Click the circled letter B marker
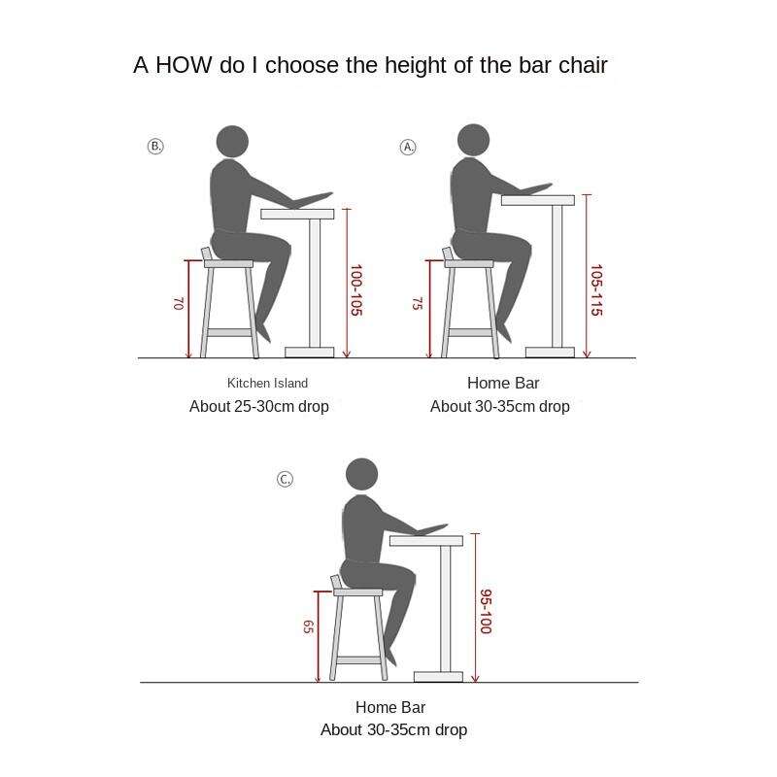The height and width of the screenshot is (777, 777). coord(155,147)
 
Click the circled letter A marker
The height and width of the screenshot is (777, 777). coord(408,147)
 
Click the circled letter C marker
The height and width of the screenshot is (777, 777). coord(285,479)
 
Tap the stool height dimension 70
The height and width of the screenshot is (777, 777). coord(179,304)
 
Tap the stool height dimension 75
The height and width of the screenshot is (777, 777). coord(418,303)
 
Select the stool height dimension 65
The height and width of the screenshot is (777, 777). coord(308,626)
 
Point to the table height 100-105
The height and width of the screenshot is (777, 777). coord(356,289)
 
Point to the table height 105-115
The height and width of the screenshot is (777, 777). coord(596,289)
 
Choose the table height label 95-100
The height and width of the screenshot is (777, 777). coord(486,611)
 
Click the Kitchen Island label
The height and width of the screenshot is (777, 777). coord(268,383)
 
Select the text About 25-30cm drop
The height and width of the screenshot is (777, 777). coord(259,406)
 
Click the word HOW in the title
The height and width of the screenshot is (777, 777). coord(184,65)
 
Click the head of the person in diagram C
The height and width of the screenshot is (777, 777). coord(361,474)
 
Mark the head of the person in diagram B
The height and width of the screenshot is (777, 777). coord(232,142)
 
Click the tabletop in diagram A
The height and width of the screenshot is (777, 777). coord(538,200)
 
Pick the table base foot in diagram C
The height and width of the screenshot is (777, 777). coord(439,677)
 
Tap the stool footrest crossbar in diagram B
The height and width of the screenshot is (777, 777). coord(229,332)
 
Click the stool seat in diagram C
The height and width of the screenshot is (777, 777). coord(357,592)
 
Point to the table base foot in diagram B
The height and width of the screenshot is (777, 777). coord(309,353)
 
